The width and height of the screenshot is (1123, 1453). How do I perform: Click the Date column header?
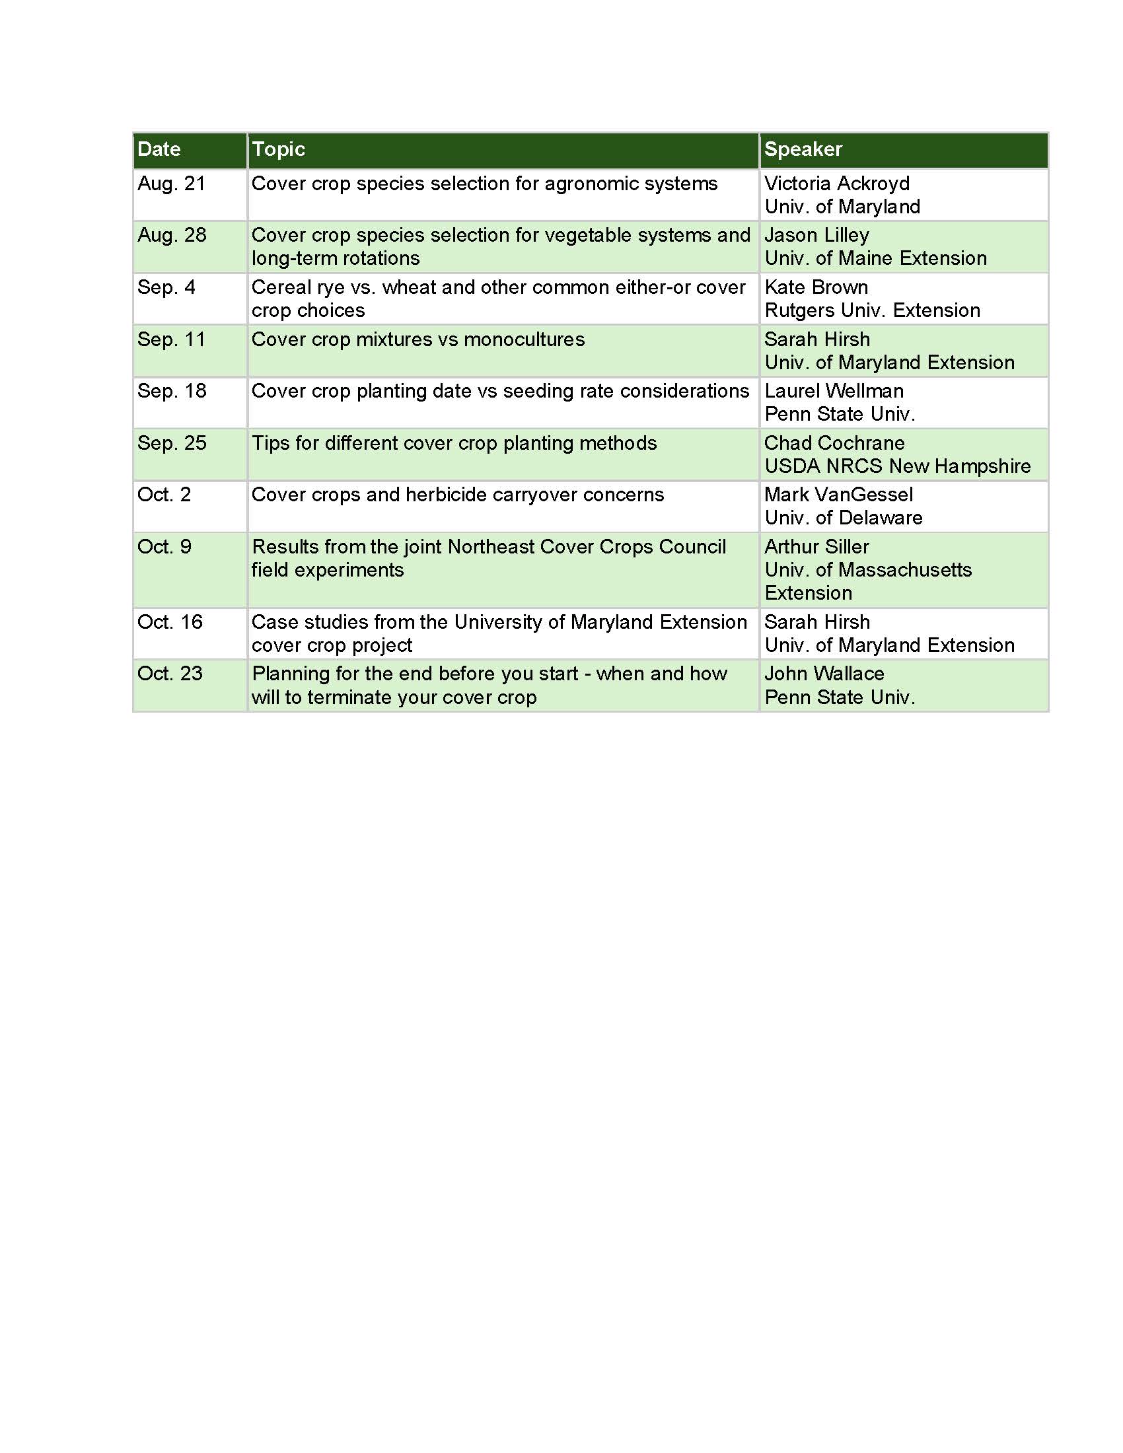159,149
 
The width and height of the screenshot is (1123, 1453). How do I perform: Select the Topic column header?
278,149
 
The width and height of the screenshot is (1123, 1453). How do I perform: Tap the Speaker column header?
803,149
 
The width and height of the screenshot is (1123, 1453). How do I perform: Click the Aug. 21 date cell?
172,184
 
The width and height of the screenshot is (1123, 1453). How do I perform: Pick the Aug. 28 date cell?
172,235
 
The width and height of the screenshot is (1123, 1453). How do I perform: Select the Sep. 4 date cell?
166,287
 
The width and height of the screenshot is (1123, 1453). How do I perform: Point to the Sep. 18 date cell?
172,391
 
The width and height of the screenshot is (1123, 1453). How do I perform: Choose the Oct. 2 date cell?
164,495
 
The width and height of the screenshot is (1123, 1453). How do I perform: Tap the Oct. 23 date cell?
170,674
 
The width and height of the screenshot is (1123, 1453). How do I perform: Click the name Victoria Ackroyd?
836,184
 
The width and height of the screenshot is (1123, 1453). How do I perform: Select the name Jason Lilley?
816,235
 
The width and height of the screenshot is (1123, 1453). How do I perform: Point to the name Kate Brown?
816,287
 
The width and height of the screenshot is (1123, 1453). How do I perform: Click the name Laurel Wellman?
834,391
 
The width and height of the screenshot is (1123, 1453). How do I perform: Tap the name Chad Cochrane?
834,443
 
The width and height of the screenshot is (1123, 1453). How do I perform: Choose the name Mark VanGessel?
838,495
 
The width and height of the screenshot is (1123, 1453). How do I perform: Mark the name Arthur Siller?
816,547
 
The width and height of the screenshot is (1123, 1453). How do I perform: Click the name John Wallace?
824,674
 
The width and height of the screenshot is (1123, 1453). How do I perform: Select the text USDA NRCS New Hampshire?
898,466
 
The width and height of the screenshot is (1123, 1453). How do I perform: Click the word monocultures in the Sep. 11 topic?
525,339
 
